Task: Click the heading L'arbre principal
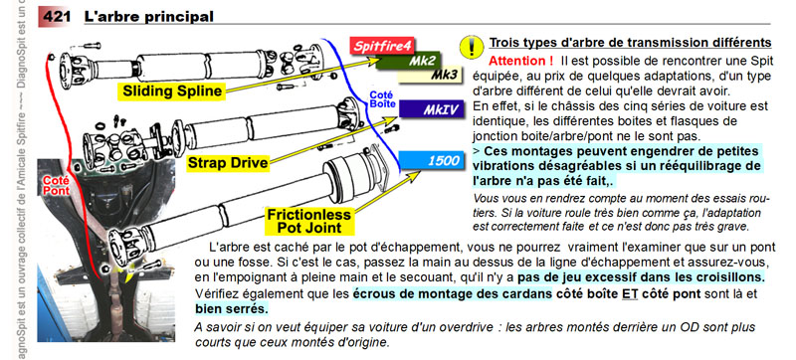tap(148, 17)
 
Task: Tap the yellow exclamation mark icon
tap(471, 47)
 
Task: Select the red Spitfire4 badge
tap(382, 46)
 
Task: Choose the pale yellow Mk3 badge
tap(431, 75)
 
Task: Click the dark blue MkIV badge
tap(432, 109)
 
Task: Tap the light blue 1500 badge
tap(432, 161)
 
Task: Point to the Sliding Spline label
tap(172, 91)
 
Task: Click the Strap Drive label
tap(228, 163)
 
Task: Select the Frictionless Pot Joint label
tap(308, 221)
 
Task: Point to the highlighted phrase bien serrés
tap(232, 309)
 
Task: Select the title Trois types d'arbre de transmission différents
tap(630, 43)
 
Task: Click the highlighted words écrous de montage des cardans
tap(453, 293)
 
